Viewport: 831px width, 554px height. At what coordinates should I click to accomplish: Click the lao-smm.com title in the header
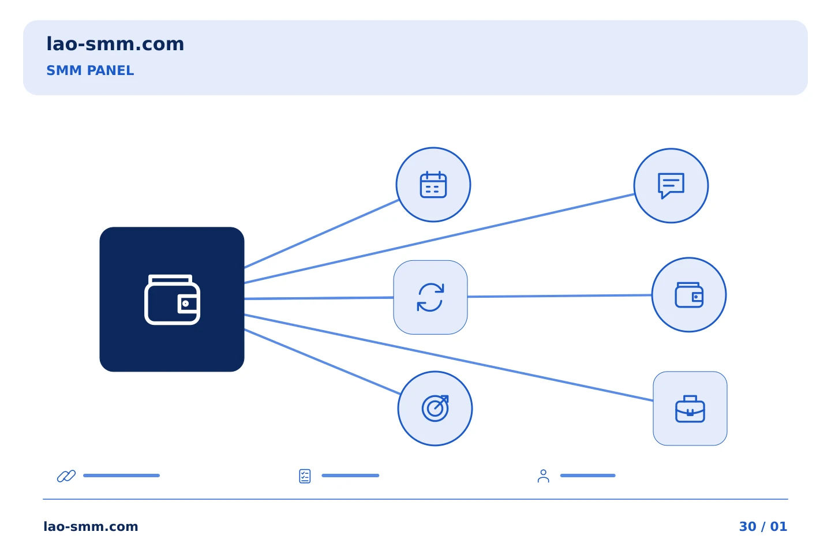pos(115,44)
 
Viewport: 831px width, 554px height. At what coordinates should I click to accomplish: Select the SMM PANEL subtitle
pos(90,70)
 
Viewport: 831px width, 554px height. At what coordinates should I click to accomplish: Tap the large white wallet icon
pos(172,300)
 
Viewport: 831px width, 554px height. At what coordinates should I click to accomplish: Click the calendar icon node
pos(433,185)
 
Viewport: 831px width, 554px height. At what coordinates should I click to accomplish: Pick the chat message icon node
pos(671,186)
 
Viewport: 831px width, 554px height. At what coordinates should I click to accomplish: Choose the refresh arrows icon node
pos(431,297)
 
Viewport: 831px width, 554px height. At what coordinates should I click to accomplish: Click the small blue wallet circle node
pos(689,295)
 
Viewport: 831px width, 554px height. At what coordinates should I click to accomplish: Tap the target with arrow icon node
pos(435,409)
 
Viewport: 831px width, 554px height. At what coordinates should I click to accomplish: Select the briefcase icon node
pos(690,409)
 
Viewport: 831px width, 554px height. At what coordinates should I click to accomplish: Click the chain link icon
pos(66,476)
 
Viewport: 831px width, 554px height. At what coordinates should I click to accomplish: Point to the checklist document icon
pos(305,476)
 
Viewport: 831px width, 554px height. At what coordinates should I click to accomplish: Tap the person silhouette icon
pos(544,476)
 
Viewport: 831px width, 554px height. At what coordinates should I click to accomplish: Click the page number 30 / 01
pos(763,526)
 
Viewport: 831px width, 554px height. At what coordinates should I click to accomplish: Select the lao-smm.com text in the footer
pos(91,526)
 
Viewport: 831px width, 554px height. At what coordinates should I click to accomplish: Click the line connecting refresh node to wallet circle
pos(559,295)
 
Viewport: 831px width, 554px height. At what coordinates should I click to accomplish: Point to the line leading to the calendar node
pos(321,234)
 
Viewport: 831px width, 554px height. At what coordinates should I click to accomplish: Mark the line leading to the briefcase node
pos(448,358)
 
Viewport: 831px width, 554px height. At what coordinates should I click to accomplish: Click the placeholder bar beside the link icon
pos(121,476)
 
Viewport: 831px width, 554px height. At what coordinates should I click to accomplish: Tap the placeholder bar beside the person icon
pos(587,476)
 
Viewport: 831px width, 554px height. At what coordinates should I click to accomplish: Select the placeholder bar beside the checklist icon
pos(350,476)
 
